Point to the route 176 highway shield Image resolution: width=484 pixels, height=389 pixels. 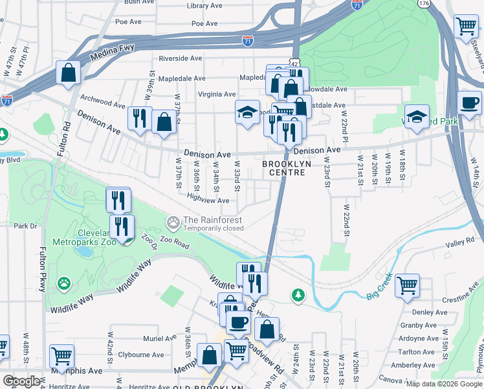click(x=424, y=4)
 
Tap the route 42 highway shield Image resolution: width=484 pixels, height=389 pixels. click(x=294, y=64)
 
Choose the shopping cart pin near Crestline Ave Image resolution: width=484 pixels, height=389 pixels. click(x=407, y=285)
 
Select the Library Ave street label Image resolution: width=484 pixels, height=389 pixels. click(x=203, y=5)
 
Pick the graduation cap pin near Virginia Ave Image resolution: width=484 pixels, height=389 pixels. click(x=247, y=113)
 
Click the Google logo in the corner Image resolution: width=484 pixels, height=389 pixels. click(x=21, y=381)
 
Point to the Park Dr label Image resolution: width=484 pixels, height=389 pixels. click(x=25, y=226)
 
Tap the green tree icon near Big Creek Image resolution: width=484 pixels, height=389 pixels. click(x=298, y=296)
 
